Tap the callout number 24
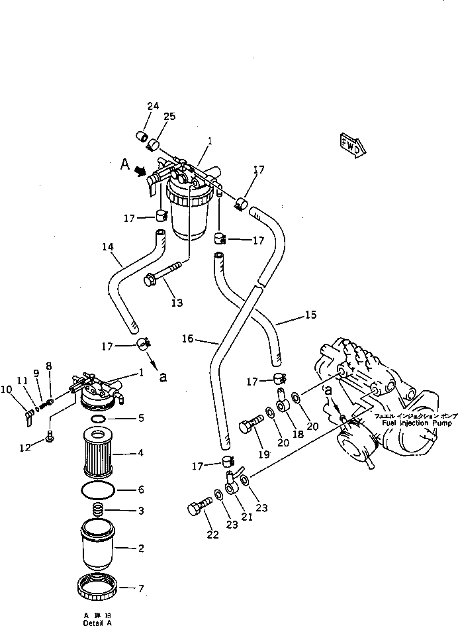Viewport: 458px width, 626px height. pyautogui.click(x=153, y=106)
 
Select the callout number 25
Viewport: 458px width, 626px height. pyautogui.click(x=169, y=117)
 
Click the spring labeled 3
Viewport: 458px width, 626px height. pyautogui.click(x=98, y=511)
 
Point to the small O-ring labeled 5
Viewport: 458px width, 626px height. pyautogui.click(x=97, y=419)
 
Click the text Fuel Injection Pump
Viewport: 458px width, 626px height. pyautogui.click(x=405, y=421)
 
